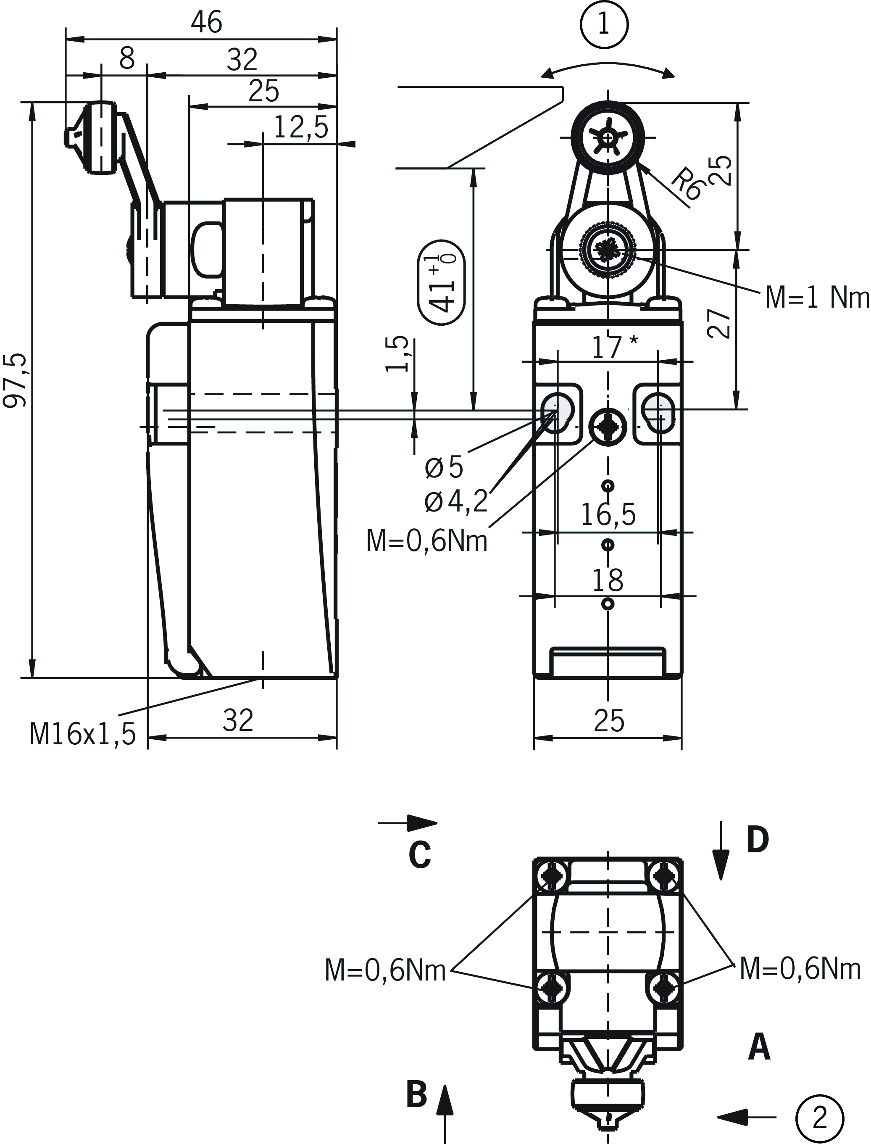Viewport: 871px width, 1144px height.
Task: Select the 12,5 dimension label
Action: pyautogui.click(x=301, y=127)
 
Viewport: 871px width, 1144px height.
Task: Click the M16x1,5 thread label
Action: pyautogui.click(x=82, y=734)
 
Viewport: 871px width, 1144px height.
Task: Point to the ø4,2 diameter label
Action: pyautogui.click(x=457, y=501)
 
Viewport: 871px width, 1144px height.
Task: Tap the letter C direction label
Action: pyautogui.click(x=419, y=856)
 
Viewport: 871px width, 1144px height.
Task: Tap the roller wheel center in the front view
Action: pyautogui.click(x=607, y=138)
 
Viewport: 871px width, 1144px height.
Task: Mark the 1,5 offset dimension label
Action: pyautogui.click(x=397, y=354)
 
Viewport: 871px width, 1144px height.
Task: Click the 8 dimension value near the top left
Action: pyautogui.click(x=126, y=58)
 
